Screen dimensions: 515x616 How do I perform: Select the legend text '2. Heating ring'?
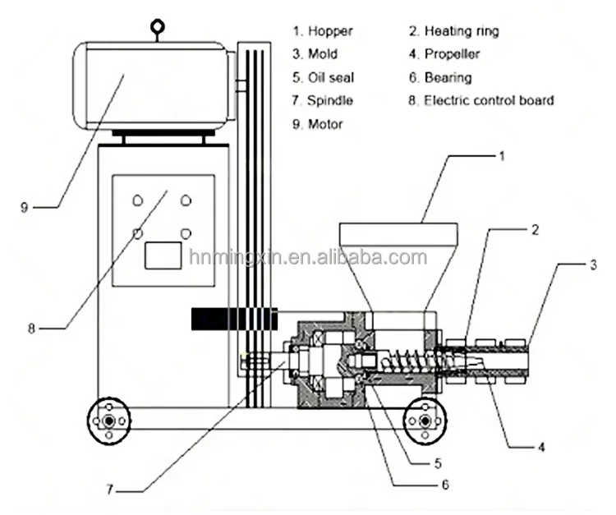tap(453, 32)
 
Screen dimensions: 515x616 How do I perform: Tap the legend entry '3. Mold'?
tap(315, 55)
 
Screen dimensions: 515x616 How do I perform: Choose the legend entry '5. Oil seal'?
tap(321, 78)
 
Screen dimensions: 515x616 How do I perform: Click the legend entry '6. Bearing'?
tap(441, 78)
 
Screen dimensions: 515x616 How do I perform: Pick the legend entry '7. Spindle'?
tap(322, 101)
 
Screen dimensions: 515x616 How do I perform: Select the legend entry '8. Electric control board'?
tap(481, 101)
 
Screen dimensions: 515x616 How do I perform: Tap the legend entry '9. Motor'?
tap(317, 125)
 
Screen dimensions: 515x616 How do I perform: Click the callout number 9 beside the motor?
tap(24, 207)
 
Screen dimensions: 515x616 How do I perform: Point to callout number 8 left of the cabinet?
tap(31, 328)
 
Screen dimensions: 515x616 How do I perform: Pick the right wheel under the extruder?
tap(424, 421)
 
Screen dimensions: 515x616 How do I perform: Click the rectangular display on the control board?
tap(163, 255)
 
